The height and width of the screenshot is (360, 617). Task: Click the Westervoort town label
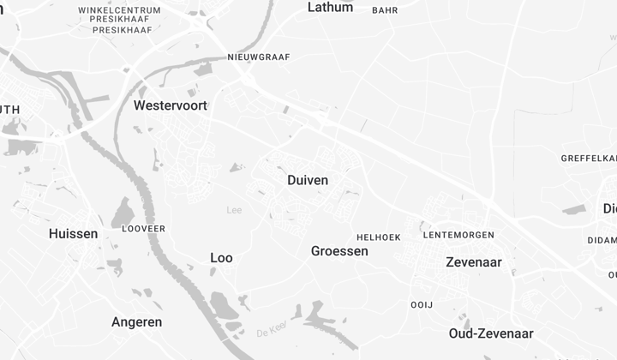coord(171,105)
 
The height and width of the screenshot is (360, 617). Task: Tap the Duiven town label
coord(308,181)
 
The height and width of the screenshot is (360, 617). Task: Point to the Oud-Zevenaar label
coord(491,333)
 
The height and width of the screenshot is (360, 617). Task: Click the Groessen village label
coord(339,251)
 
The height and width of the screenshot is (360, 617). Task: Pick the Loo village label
coord(221,258)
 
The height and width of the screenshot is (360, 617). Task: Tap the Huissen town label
coord(73,234)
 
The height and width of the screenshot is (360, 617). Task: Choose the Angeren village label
coord(136,322)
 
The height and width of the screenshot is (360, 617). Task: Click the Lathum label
coord(330,7)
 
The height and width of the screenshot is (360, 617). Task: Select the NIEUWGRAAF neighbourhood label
coord(259,57)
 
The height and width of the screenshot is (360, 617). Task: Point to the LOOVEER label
coord(144,229)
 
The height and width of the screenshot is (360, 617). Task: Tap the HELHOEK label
coord(378,237)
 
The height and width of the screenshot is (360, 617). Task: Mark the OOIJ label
coord(422,305)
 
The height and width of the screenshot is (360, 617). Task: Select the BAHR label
coord(385,10)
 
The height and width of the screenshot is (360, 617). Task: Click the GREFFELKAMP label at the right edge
coord(590,159)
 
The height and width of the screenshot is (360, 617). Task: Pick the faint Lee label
coord(234,210)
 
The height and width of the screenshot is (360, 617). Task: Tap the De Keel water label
coord(271,330)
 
